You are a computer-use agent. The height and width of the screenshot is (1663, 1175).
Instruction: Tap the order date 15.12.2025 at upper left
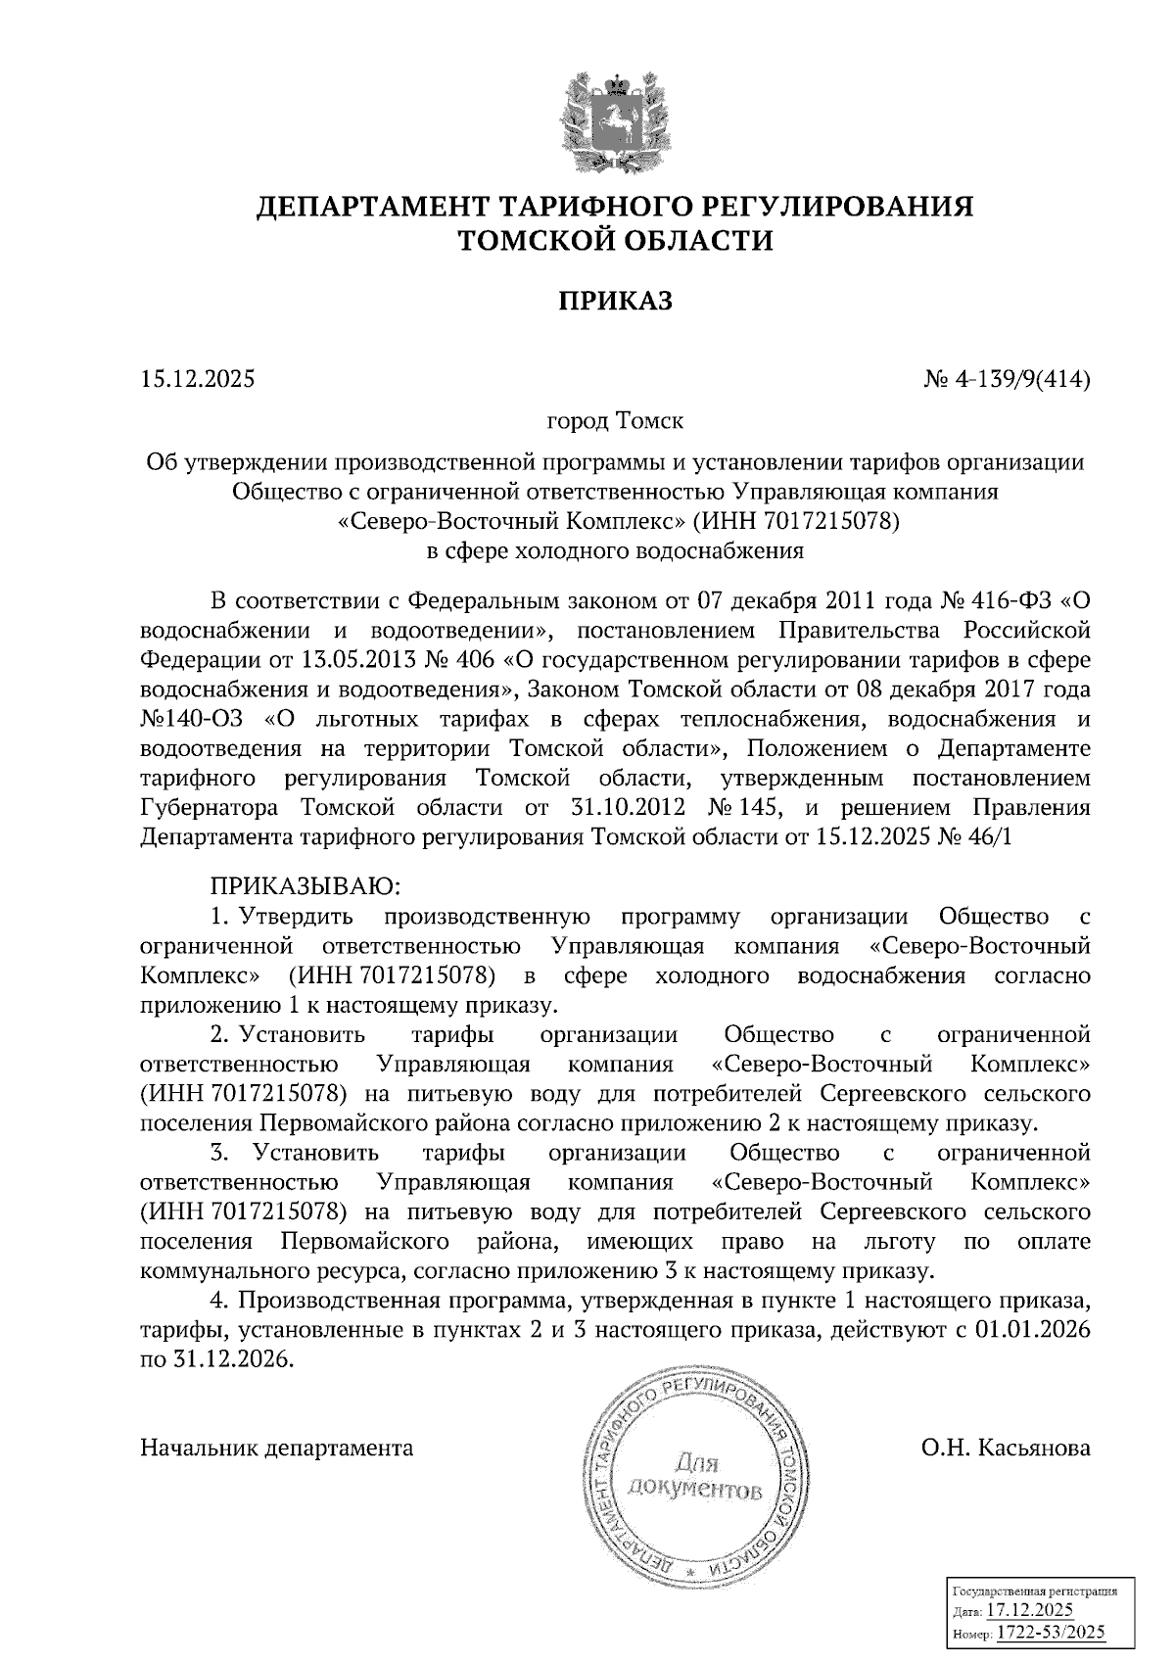tap(197, 378)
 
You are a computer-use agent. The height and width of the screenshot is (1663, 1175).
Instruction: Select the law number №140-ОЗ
tap(196, 719)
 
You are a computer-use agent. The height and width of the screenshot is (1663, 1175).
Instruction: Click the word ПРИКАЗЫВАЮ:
tap(305, 886)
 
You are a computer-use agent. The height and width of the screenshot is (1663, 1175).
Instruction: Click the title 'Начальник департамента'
tap(277, 1448)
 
